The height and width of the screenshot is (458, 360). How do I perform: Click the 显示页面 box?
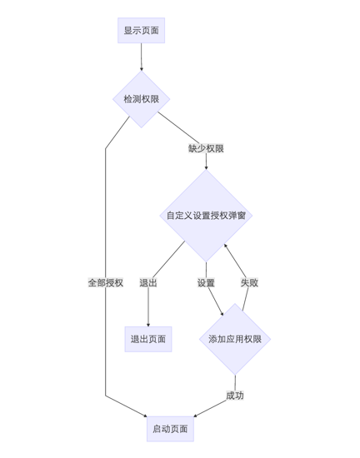pos(141,31)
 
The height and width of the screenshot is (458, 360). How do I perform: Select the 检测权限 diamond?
pos(141,99)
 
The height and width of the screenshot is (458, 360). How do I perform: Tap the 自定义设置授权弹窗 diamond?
pos(206,216)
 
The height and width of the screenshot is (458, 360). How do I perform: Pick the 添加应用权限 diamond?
pos(235,339)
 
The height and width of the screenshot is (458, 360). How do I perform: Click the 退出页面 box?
pos(148,339)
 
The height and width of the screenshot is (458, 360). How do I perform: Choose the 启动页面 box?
pos(170,429)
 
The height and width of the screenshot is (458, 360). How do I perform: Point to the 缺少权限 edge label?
pos(206,148)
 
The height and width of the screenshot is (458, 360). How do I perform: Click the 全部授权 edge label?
pos(106,282)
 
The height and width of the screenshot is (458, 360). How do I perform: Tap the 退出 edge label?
pos(148,282)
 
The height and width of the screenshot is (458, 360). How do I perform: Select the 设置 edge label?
pos(206,282)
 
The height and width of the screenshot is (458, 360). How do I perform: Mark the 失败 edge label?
pos(249,282)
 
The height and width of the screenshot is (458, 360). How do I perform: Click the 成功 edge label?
pos(235,395)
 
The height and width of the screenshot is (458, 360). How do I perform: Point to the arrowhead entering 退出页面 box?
pos(148,324)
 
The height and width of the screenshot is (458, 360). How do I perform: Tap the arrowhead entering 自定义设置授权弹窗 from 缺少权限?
pos(206,167)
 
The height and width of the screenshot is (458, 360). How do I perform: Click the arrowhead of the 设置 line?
pos(222,314)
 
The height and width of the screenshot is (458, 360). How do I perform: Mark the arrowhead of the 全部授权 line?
pos(145,416)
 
